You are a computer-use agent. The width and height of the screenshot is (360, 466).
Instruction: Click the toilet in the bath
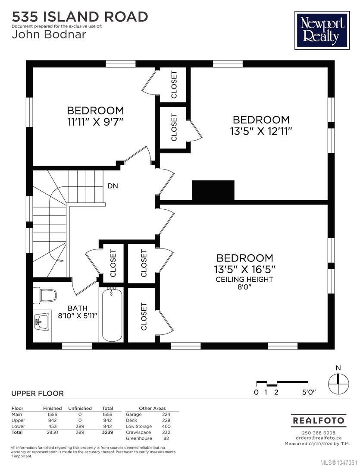point(44,296)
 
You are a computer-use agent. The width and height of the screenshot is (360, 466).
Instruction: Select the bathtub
point(112,315)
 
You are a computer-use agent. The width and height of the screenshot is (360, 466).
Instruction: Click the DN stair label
point(113,186)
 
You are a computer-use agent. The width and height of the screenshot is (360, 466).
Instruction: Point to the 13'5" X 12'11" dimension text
point(261,131)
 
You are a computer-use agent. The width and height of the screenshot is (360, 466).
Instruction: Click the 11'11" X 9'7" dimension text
point(95,122)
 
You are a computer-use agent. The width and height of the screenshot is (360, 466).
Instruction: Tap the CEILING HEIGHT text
point(244,279)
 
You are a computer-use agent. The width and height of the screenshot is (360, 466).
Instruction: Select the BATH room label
point(78,308)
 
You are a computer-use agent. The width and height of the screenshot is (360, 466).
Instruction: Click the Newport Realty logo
point(322,30)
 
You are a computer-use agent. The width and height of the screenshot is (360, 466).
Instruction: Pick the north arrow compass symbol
point(338,384)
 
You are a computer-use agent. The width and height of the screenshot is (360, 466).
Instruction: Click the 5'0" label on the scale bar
point(309,392)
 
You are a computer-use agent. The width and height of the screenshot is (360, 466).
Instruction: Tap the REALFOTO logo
point(319,420)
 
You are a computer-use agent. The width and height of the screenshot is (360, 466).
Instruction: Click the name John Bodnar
point(49,35)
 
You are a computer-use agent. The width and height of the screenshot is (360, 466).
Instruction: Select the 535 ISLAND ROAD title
point(80,17)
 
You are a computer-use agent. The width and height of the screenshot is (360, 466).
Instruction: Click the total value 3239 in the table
point(107,432)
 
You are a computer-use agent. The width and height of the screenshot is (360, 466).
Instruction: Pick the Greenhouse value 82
point(166,438)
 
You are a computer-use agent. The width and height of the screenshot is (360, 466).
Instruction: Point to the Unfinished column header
point(80,408)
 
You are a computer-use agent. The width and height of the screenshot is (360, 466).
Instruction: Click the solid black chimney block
point(213,190)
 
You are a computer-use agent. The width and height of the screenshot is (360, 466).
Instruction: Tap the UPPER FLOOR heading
point(38,394)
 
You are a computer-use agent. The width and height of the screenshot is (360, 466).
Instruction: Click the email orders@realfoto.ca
point(319,438)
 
